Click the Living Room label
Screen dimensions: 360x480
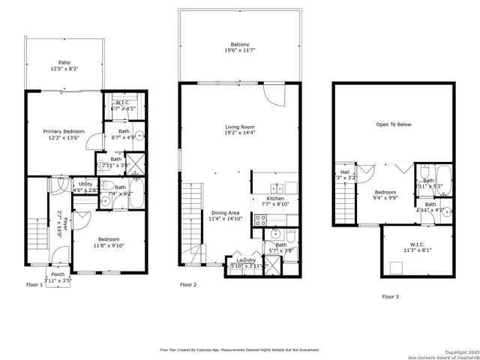(240, 127)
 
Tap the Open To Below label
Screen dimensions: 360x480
(394, 124)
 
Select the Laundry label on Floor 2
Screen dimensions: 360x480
(246, 259)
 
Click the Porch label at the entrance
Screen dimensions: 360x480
(57, 274)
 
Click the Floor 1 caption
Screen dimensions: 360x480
(34, 285)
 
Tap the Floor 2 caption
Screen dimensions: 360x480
(188, 285)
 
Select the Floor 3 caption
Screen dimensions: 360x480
(391, 297)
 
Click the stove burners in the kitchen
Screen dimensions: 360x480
(261, 220)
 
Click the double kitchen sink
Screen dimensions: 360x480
(277, 187)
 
